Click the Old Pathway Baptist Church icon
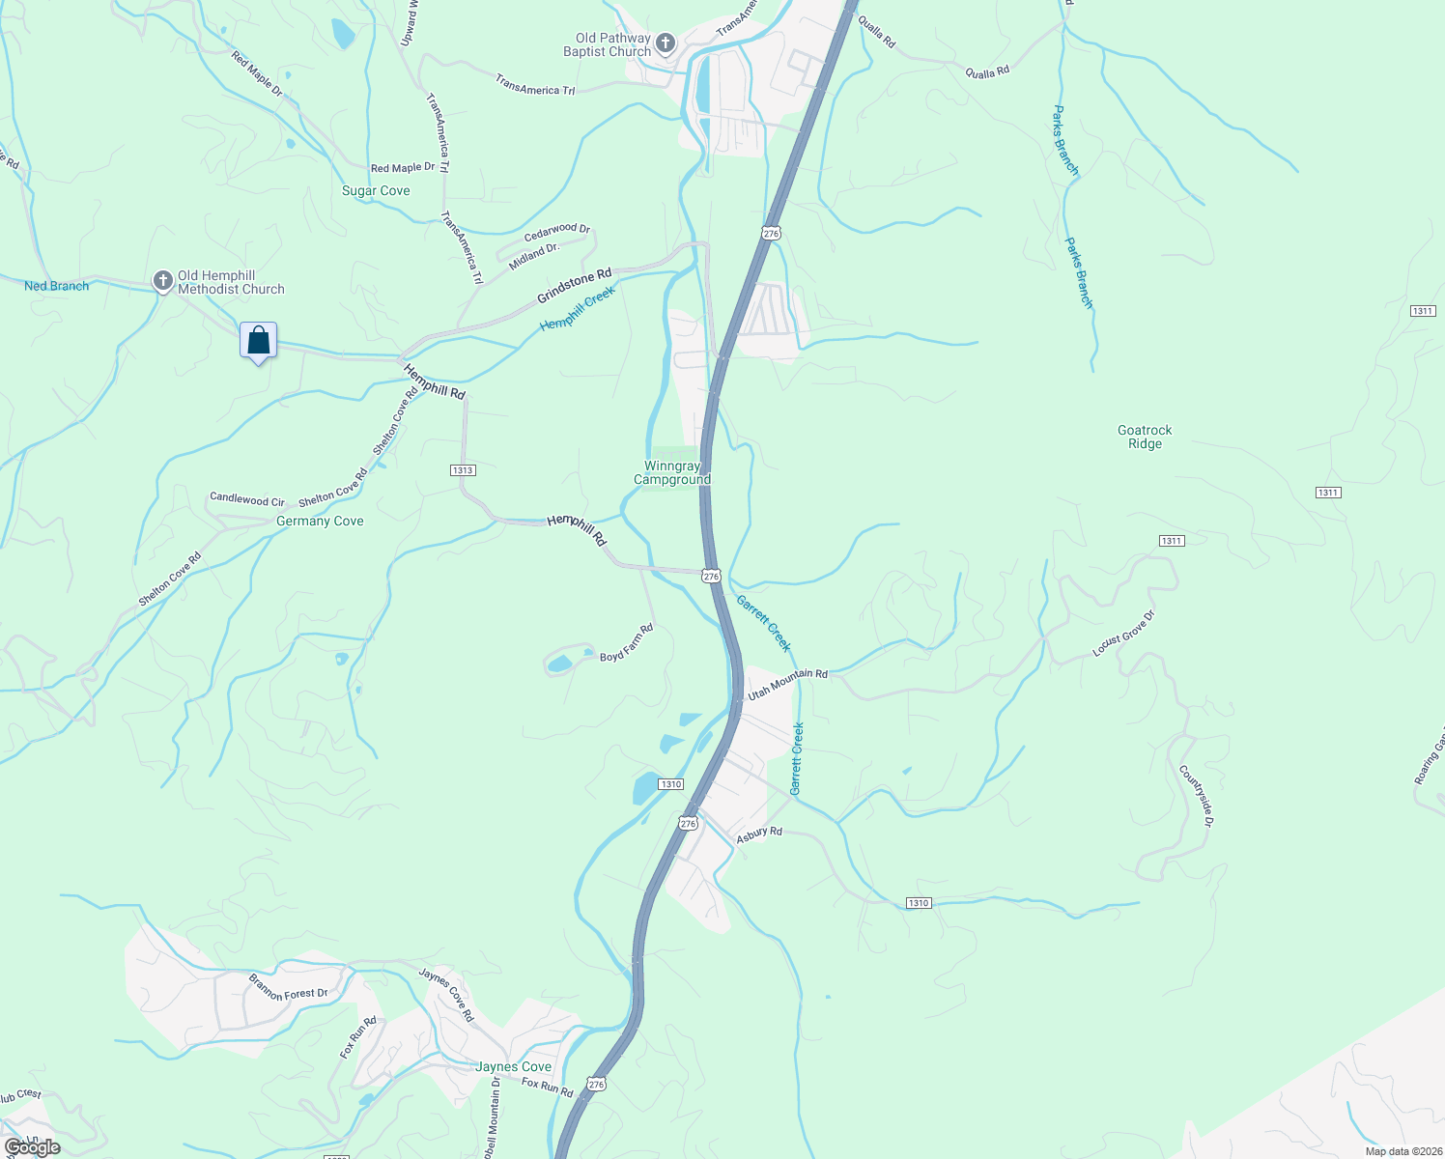coord(665,42)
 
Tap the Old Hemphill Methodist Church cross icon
coord(162,281)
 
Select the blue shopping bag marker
coord(258,341)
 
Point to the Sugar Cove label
coord(376,191)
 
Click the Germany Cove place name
coord(320,522)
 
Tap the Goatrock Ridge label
coord(1145,438)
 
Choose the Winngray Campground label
coord(672,473)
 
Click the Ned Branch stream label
coord(56,286)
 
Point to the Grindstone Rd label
coord(575,286)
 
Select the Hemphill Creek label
coord(578,309)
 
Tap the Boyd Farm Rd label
coord(627,643)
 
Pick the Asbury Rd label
coord(759,834)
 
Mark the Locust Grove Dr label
coord(1123,635)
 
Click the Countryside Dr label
coord(1196,796)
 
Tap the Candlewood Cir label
coord(247,499)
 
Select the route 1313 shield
coord(463,470)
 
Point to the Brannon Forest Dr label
coord(289,987)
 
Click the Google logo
coord(32,1147)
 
